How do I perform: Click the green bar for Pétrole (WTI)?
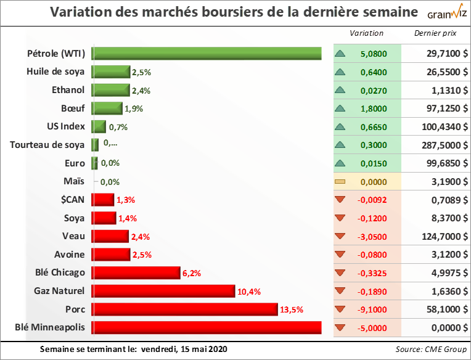[207, 54]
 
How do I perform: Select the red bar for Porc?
[185, 309]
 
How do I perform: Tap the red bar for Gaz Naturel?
[163, 291]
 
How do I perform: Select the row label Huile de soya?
[55, 72]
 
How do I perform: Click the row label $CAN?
[73, 200]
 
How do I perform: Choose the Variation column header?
[366, 33]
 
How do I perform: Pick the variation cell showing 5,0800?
[374, 54]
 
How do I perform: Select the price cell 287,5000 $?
[438, 145]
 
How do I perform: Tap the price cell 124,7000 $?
[438, 236]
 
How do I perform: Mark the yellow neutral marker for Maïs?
[339, 182]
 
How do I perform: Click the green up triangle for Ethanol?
[339, 90]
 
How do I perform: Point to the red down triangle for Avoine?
[339, 255]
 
